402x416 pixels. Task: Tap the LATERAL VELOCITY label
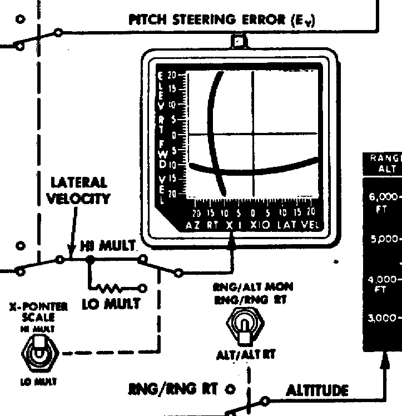(x=79, y=190)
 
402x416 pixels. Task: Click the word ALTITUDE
(x=317, y=390)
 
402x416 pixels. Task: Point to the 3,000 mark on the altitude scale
(x=383, y=318)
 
